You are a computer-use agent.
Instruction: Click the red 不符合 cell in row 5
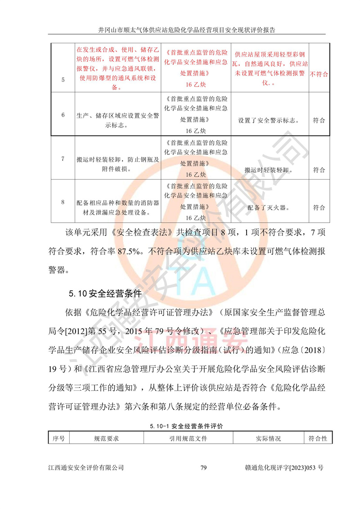click(x=319, y=74)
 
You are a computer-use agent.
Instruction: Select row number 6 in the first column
click(x=63, y=114)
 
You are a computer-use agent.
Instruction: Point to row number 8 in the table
click(x=63, y=202)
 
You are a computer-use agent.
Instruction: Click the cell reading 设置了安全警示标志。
click(x=270, y=121)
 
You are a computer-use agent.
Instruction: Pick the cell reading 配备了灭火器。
click(x=270, y=207)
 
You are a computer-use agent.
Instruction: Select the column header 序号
click(x=58, y=438)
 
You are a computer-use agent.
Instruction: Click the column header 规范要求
click(x=106, y=438)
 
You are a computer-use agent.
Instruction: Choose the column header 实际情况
click(x=268, y=438)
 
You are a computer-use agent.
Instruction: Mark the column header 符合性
click(x=318, y=438)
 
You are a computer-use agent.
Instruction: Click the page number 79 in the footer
click(x=203, y=468)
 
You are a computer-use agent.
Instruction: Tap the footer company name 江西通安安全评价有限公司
click(x=86, y=468)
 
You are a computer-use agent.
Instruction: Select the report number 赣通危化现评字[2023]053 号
click(x=281, y=468)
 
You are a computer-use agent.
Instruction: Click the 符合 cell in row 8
click(x=319, y=207)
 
